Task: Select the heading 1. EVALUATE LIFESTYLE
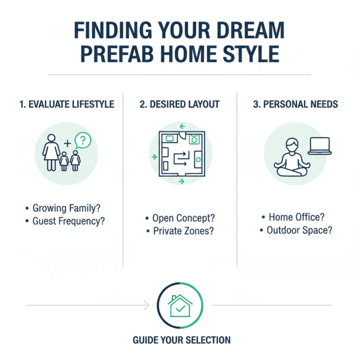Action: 67,104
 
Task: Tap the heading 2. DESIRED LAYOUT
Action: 180,104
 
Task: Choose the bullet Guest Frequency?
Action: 70,221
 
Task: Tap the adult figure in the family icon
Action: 51,152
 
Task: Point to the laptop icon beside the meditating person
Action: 319,146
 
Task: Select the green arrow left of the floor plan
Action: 154,157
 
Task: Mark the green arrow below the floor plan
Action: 181,181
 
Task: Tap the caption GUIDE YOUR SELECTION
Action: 181,340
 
